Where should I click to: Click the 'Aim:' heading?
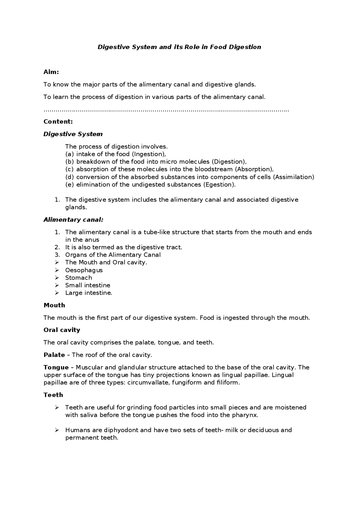[x=51, y=72]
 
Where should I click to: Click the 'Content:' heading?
[x=58, y=121]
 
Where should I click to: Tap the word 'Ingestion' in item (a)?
[x=149, y=154]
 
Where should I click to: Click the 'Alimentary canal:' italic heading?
[x=73, y=220]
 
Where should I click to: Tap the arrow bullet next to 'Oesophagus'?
[x=57, y=270]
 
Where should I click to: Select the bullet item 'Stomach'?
[x=78, y=278]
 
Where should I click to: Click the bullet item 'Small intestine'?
[x=87, y=285]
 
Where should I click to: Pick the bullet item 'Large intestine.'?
[x=89, y=293]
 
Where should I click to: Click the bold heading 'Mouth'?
[x=54, y=305]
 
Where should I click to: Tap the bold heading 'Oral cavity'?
[x=62, y=330]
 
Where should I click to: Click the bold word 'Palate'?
[x=54, y=355]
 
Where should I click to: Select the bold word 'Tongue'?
[x=56, y=367]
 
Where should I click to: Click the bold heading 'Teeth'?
[x=53, y=395]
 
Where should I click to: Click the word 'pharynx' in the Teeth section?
[x=244, y=415]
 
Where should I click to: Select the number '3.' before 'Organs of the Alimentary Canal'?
[x=57, y=255]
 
